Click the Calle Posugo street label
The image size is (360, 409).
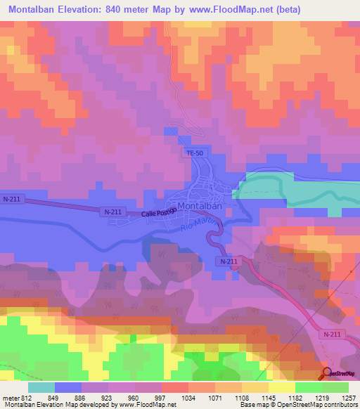(x=157, y=213)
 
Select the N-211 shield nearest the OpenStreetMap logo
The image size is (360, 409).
(x=333, y=335)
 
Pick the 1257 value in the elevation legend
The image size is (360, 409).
(x=349, y=398)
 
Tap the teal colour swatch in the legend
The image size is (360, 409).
(x=41, y=387)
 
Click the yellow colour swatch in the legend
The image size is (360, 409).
(x=282, y=387)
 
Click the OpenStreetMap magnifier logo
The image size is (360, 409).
(x=326, y=375)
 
